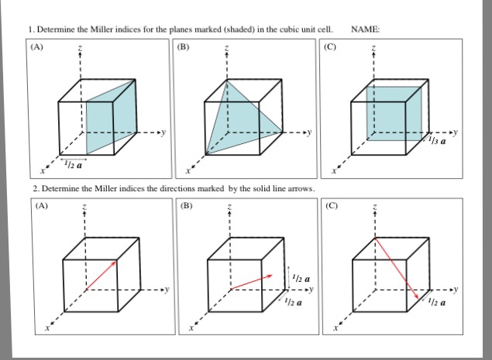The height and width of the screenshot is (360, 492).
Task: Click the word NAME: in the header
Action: [366, 30]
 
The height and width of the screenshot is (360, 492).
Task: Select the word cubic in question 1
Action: [280, 30]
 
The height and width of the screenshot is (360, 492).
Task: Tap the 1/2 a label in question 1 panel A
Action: [75, 164]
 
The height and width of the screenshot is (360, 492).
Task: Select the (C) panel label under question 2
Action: [332, 206]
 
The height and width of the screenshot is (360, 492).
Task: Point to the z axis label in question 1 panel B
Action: [226, 49]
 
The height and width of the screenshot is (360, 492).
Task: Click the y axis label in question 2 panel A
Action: [164, 290]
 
